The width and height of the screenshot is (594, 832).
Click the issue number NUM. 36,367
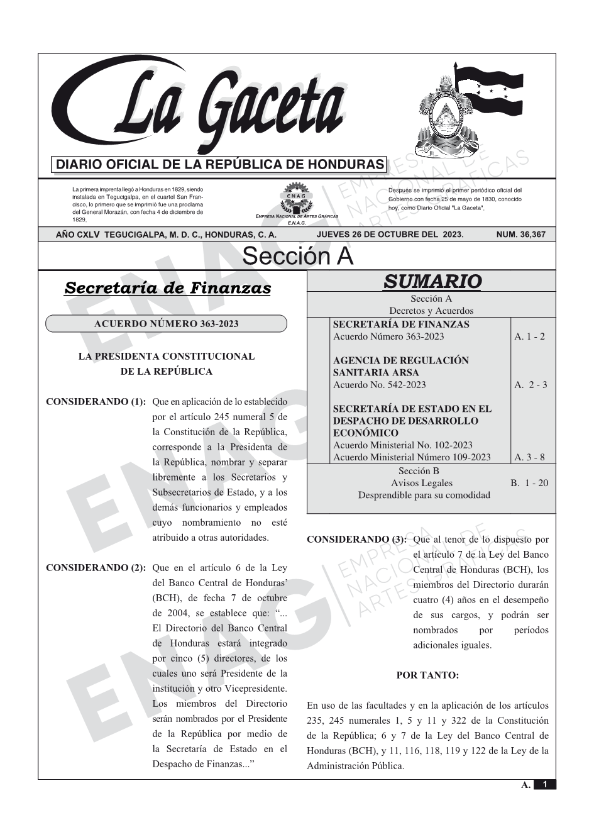[521, 235]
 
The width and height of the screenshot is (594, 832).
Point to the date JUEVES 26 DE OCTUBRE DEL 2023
[390, 235]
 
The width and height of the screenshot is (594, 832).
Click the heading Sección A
[297, 257]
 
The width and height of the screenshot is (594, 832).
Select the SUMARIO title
[432, 281]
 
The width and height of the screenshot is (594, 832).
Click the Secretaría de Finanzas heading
[168, 288]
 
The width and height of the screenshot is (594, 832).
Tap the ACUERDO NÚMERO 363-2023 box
[166, 324]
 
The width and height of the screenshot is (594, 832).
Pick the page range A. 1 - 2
[529, 336]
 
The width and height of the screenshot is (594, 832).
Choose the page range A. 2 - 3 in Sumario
[531, 385]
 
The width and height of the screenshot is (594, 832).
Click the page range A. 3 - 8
[529, 457]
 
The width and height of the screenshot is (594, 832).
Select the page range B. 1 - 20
[529, 483]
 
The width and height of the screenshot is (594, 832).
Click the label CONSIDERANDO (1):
[96, 402]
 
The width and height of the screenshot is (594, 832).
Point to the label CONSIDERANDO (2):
[96, 568]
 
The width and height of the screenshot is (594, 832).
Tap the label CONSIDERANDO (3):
[356, 540]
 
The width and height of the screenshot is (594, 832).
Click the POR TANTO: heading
[427, 675]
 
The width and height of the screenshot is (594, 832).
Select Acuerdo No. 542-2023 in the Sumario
[379, 385]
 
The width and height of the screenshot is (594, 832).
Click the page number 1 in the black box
[545, 784]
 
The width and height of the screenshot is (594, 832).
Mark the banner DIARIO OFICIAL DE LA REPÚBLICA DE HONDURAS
[220, 165]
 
